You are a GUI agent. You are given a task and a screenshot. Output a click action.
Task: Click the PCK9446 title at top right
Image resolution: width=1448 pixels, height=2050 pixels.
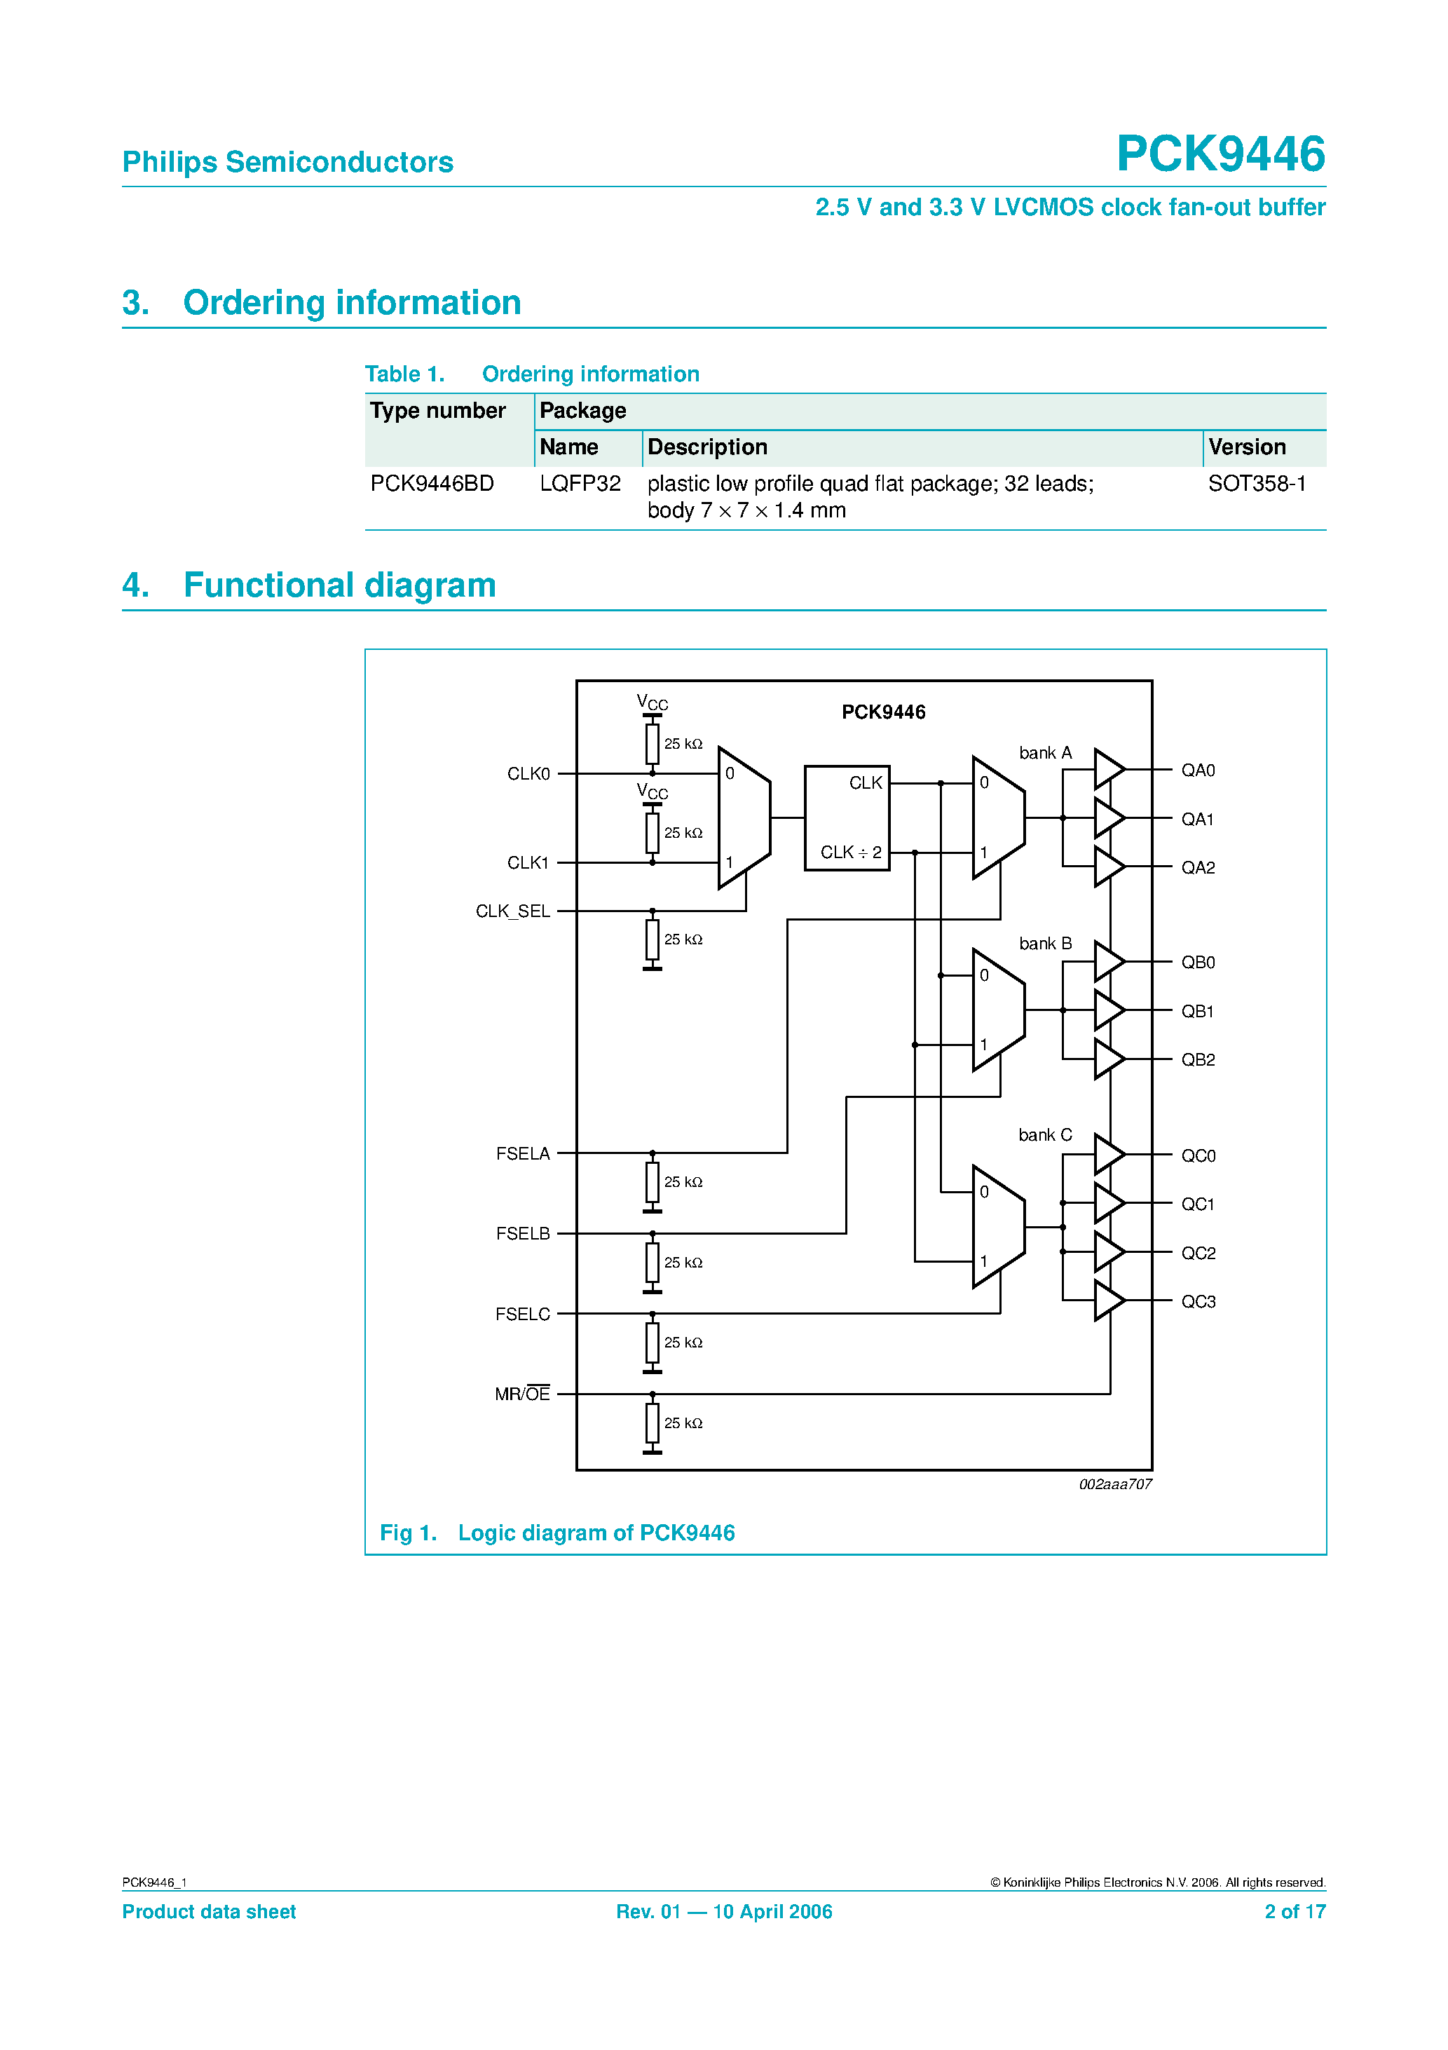pos(1220,154)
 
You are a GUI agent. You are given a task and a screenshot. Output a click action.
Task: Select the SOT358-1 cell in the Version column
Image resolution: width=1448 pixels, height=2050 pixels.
pos(1256,484)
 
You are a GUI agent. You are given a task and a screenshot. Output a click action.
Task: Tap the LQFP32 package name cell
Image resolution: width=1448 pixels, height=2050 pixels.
pos(580,484)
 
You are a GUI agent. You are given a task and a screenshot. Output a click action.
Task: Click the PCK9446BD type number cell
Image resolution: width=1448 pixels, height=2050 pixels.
pos(432,484)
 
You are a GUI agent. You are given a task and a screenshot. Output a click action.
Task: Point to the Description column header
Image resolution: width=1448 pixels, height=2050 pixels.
pos(707,447)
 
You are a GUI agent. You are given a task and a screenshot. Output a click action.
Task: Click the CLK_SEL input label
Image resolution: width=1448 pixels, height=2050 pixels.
pos(512,911)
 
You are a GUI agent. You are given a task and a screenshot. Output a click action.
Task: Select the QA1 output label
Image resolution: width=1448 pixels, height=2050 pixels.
pos(1197,819)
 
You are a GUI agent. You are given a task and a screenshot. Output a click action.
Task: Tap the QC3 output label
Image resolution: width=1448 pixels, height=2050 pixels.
pos(1198,1302)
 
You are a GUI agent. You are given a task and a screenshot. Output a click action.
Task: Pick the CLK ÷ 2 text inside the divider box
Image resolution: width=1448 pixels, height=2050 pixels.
pos(851,853)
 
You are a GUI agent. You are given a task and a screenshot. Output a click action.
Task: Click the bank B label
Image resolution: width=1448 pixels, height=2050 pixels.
pos(1044,944)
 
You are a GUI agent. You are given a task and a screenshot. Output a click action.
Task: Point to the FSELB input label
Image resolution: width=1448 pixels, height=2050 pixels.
pos(522,1234)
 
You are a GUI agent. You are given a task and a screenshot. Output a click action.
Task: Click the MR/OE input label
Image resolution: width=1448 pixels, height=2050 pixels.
pos(522,1394)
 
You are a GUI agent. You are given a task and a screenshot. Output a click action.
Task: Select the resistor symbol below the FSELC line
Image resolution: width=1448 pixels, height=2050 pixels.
pos(653,1342)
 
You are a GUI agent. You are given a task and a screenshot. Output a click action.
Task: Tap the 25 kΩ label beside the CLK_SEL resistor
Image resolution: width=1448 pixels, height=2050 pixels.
pos(683,939)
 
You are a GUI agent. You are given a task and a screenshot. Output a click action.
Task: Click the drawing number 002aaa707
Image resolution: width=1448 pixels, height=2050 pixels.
pos(1115,1484)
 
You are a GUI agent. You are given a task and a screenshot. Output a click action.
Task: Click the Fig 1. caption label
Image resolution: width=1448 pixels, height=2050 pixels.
pos(408,1533)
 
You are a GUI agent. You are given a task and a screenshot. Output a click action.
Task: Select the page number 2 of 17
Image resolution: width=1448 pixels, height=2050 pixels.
pos(1295,1912)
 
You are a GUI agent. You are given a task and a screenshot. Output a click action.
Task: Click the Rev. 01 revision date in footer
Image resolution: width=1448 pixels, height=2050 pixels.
pos(724,1912)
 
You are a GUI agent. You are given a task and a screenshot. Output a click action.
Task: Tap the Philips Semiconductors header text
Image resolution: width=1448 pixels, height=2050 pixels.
pos(287,163)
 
